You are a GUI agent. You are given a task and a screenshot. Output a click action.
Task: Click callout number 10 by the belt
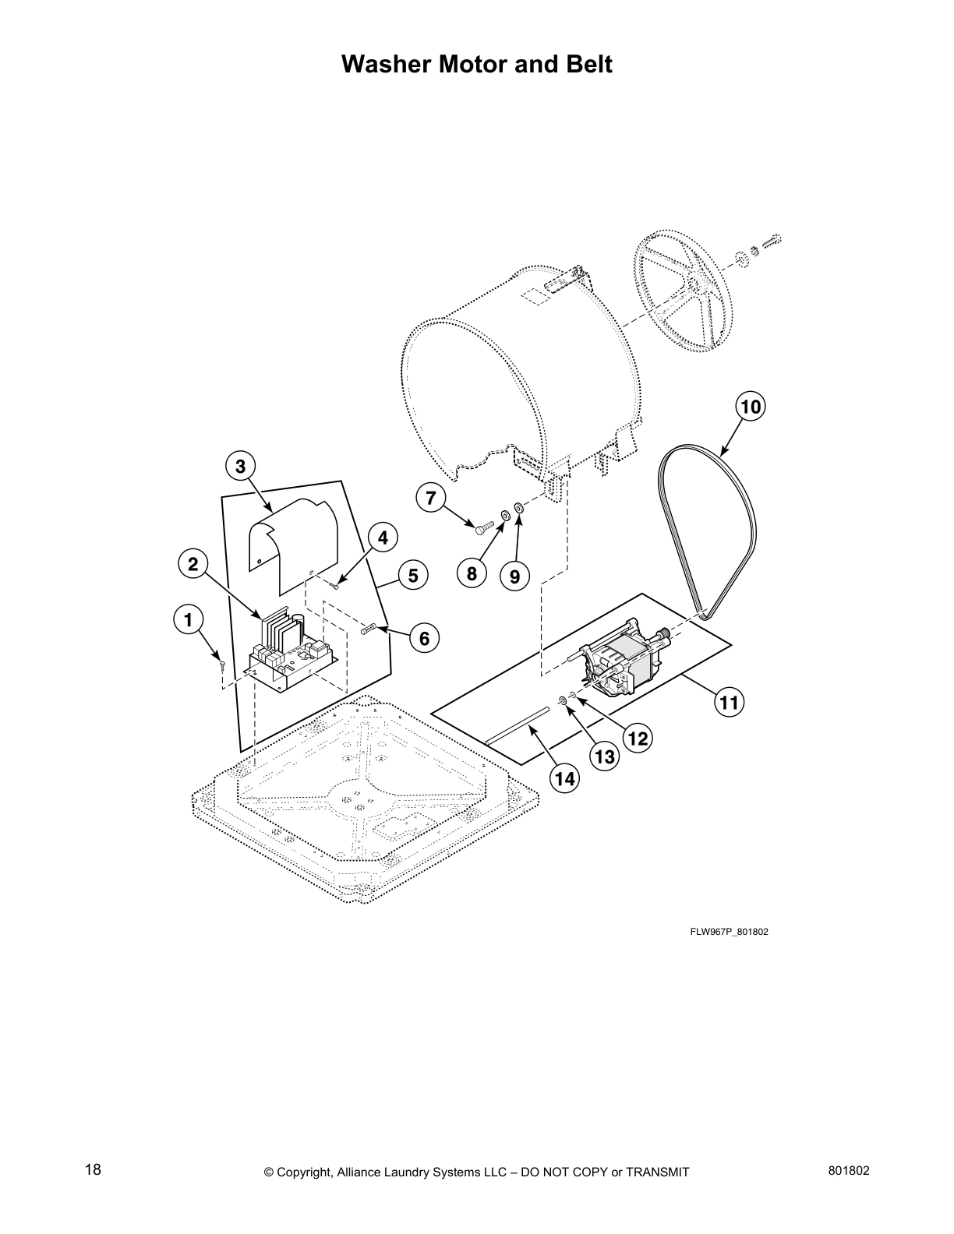pyautogui.click(x=750, y=406)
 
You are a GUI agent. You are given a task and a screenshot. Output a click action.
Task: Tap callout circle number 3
pyautogui.click(x=240, y=467)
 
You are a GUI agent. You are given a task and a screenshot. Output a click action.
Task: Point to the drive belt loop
pyautogui.click(x=705, y=530)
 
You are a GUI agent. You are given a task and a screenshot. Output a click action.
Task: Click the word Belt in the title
pyautogui.click(x=586, y=65)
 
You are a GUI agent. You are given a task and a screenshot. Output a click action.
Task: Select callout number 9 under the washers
pyautogui.click(x=514, y=576)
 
